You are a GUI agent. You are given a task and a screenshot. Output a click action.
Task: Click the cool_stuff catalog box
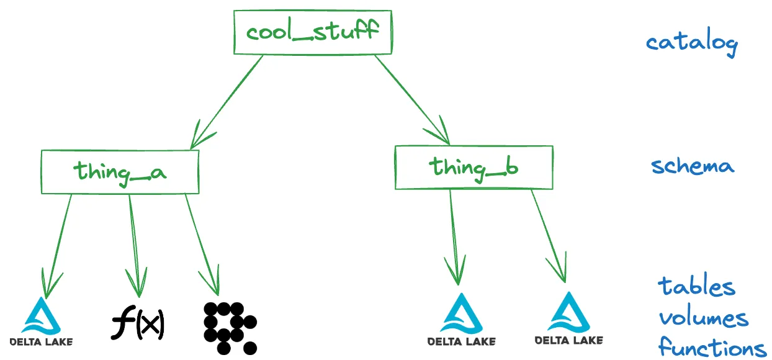click(312, 32)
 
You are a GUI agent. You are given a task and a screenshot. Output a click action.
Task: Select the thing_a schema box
click(120, 171)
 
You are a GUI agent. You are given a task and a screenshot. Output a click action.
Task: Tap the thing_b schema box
click(474, 167)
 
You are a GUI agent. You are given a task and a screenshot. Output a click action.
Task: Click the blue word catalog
click(691, 43)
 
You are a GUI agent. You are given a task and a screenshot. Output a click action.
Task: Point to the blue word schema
click(693, 166)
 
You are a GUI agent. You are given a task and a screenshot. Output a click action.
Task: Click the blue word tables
click(697, 287)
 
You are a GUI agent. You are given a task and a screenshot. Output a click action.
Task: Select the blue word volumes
click(703, 318)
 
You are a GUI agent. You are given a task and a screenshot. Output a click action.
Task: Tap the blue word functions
click(711, 347)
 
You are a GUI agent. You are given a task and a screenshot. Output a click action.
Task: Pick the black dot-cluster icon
click(229, 326)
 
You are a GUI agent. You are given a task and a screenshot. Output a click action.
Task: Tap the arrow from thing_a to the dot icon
click(202, 242)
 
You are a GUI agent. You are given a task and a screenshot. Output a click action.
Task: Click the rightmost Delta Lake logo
click(568, 320)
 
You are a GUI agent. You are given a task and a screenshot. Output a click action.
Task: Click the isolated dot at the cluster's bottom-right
click(250, 348)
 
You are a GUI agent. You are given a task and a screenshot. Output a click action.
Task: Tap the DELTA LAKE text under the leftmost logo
click(42, 341)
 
